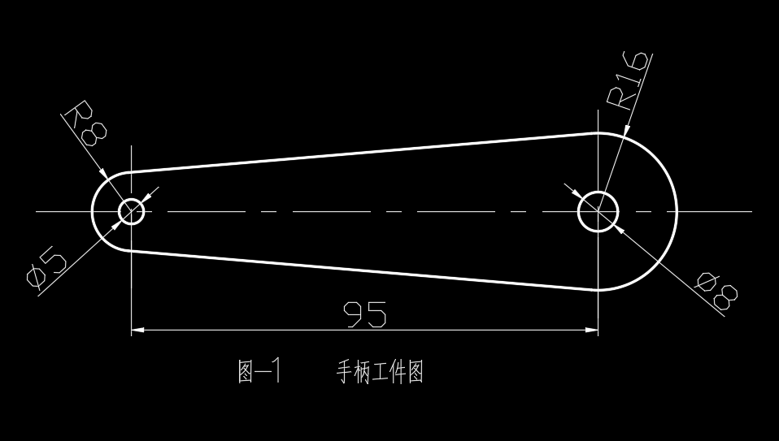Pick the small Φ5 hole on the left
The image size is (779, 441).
131,211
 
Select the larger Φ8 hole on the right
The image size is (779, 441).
598,211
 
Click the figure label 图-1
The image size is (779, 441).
259,372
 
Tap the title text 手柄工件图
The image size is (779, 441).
380,372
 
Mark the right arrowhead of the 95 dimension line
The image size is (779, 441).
591,330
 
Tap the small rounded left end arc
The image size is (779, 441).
92,211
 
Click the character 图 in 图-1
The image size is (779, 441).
246,372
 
